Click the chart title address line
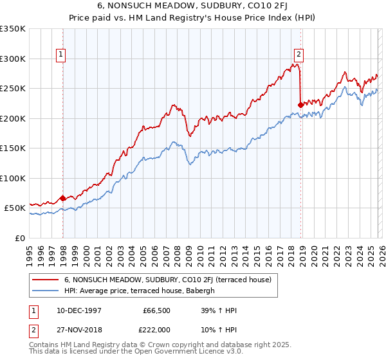pos(193,6)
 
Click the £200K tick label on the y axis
pos(12,118)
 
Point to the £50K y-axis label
pos(14,208)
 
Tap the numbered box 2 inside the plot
pos(299,55)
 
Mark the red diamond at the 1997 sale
pos(62,199)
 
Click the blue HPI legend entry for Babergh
pos(142,291)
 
